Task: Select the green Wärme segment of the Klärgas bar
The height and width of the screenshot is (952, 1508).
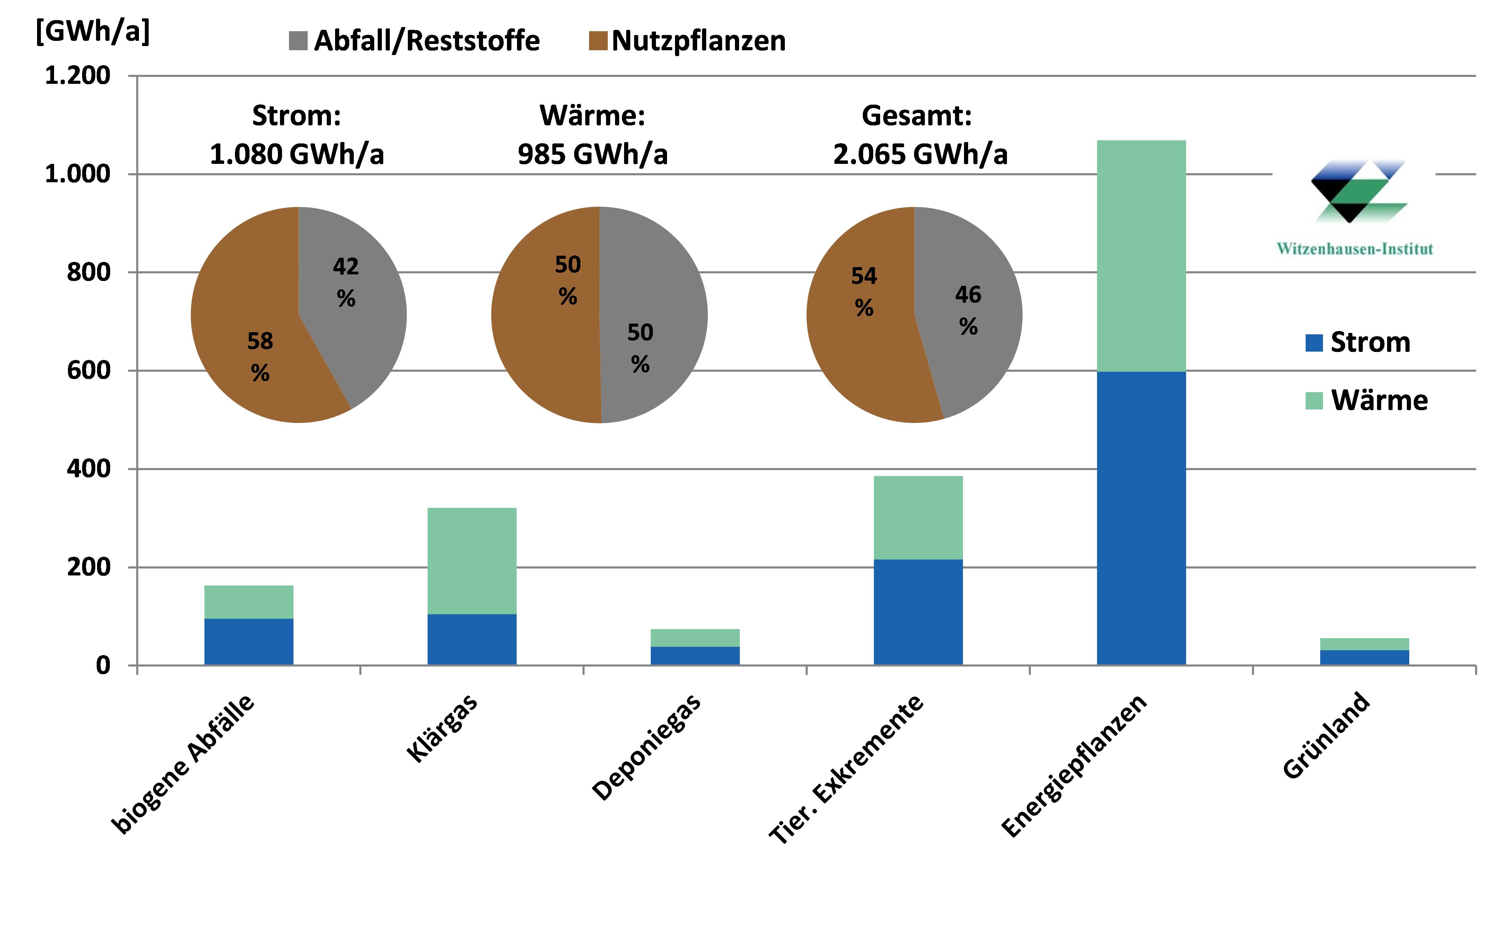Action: [472, 561]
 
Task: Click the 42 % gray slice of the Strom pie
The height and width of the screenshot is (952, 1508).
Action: [351, 294]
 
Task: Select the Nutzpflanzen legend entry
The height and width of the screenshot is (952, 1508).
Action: [687, 41]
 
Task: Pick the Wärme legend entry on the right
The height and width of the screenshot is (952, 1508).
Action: [1367, 400]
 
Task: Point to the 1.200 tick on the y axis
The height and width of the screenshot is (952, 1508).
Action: [78, 76]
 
